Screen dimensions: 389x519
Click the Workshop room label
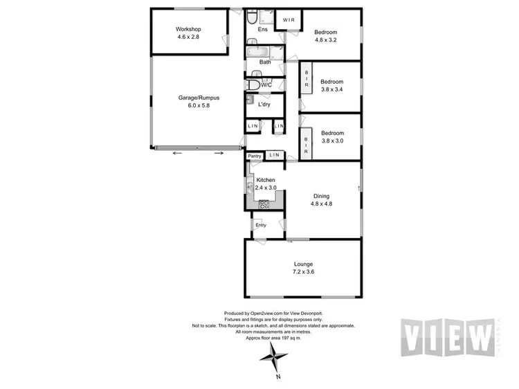188,29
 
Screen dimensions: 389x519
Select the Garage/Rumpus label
188,98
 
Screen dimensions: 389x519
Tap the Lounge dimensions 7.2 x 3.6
303,273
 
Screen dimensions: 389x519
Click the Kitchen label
266,179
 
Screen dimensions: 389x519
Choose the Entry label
261,225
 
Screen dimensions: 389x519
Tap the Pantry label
255,156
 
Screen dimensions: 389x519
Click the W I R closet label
289,20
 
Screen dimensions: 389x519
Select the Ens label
263,30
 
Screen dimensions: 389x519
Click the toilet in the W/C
254,84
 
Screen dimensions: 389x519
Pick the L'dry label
264,105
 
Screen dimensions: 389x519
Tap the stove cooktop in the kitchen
264,203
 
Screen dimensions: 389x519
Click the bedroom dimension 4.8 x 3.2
325,41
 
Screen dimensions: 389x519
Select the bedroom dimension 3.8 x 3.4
331,89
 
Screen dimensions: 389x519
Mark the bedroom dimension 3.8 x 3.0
331,141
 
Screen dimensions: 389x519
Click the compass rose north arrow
275,359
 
